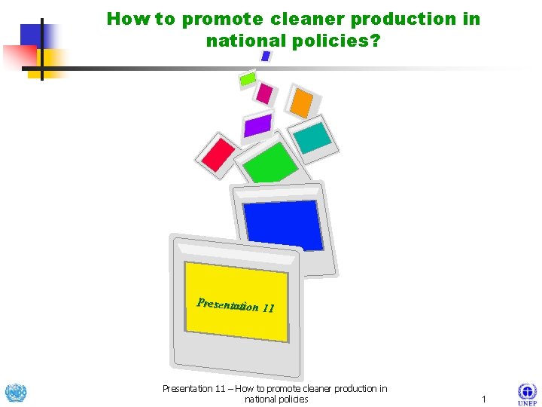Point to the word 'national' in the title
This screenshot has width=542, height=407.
pyautogui.click(x=245, y=41)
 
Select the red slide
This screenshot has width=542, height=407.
pyautogui.click(x=219, y=154)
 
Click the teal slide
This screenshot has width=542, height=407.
pyautogui.click(x=312, y=136)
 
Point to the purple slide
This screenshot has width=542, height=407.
pyautogui.click(x=257, y=124)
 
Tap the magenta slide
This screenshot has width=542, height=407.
pyautogui.click(x=263, y=93)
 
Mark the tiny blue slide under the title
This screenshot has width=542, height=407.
pyautogui.click(x=265, y=56)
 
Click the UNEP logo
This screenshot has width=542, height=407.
pyautogui.click(x=527, y=394)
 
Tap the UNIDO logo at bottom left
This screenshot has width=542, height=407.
pyautogui.click(x=15, y=393)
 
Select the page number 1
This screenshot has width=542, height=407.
pyautogui.click(x=483, y=399)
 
